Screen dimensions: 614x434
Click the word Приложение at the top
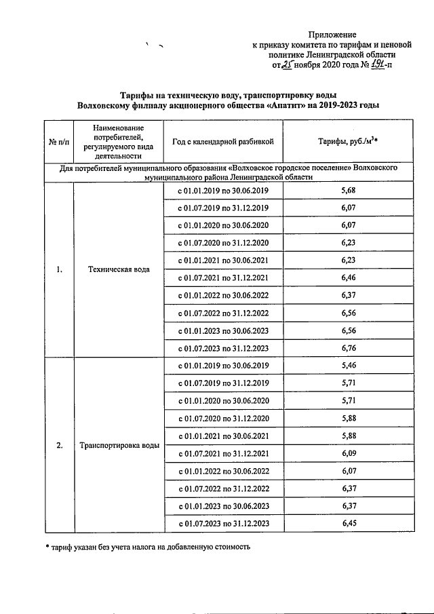pos(332,35)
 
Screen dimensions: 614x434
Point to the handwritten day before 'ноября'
pos(288,66)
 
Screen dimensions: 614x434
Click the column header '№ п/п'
pos(59,142)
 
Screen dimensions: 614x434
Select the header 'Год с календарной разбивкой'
pos(222,142)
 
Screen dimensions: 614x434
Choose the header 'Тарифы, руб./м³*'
pos(348,142)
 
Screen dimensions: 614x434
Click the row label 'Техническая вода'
pos(119,269)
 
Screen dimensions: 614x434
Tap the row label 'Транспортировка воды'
pos(119,445)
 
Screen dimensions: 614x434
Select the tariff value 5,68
pos(349,191)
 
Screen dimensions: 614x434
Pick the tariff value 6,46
pos(349,278)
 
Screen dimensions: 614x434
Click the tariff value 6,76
pos(349,349)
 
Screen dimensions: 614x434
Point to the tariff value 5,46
pos(349,366)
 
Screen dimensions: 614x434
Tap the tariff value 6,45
pos(349,524)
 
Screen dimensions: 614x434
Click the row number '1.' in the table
pos(59,269)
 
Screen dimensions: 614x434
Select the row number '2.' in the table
pos(59,445)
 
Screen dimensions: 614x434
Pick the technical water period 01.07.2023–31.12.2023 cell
pos(223,349)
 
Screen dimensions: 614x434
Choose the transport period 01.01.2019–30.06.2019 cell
pos(223,366)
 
